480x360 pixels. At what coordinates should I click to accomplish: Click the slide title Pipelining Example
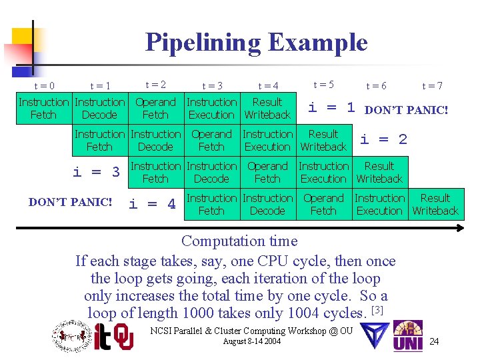point(256,43)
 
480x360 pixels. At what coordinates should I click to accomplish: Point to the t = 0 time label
point(44,86)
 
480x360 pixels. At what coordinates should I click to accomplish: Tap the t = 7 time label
point(432,86)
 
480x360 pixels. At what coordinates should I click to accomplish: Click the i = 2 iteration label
point(383,139)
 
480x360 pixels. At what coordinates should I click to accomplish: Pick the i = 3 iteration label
point(96,172)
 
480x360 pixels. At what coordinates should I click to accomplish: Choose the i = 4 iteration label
point(152,204)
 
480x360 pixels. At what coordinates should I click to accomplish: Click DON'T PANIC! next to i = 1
point(407,110)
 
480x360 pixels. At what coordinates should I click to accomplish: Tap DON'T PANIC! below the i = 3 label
point(71,201)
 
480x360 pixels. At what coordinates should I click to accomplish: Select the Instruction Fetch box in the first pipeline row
point(43,109)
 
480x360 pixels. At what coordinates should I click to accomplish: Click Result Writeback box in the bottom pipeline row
point(435,205)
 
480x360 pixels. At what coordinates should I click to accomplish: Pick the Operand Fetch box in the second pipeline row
point(211,141)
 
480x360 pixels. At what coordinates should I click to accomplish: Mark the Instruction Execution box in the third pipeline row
point(323,173)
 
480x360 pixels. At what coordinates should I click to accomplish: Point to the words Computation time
point(239,241)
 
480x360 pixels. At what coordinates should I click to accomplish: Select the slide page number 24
point(434,342)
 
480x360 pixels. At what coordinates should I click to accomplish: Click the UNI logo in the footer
point(407,336)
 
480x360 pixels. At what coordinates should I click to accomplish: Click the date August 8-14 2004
point(253,342)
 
